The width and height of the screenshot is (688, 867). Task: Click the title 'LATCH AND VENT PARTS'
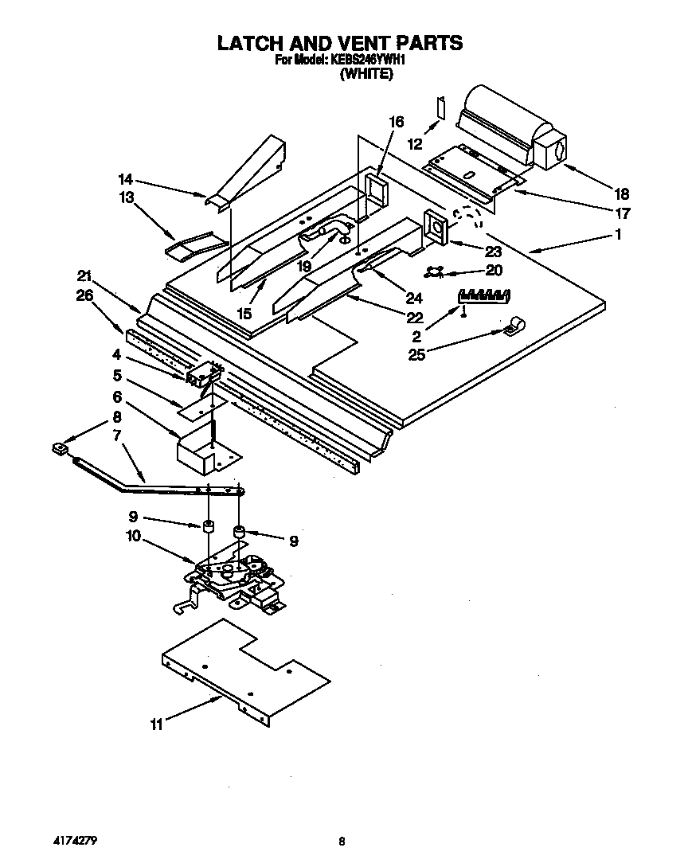pyautogui.click(x=340, y=42)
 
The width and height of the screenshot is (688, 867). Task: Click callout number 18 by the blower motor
pyautogui.click(x=621, y=193)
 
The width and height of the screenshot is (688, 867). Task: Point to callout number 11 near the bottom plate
pyautogui.click(x=156, y=724)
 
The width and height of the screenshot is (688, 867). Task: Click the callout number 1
pyautogui.click(x=618, y=235)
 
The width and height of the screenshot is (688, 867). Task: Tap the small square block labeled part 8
pyautogui.click(x=58, y=450)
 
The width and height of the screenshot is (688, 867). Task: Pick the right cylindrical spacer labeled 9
pyautogui.click(x=239, y=531)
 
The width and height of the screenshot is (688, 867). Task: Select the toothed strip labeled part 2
pyautogui.click(x=483, y=295)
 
